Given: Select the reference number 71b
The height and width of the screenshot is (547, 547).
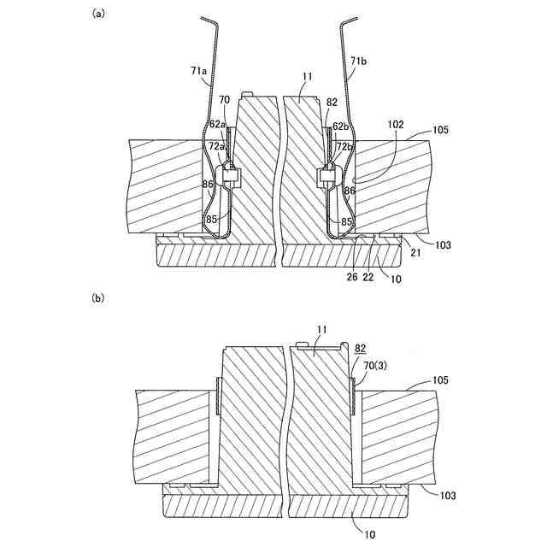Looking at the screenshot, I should pyautogui.click(x=361, y=62).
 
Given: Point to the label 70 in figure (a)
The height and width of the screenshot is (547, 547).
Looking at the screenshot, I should pyautogui.click(x=225, y=100).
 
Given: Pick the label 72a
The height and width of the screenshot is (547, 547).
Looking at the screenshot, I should pyautogui.click(x=217, y=147).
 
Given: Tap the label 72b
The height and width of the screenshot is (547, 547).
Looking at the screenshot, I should pyautogui.click(x=343, y=147).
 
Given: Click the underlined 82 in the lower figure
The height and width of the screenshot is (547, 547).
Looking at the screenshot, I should pyautogui.click(x=361, y=350).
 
